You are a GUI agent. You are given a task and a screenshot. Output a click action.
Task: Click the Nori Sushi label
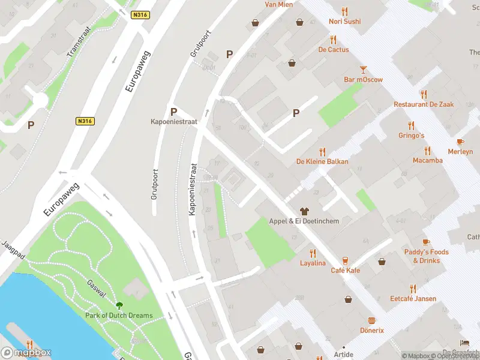point(344,22)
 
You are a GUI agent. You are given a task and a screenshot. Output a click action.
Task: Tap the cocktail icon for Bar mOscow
point(363,70)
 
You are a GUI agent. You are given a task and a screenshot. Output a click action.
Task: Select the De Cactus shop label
point(334,50)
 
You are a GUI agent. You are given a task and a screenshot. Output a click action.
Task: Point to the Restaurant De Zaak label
point(424,104)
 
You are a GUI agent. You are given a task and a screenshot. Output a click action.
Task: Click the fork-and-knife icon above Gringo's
point(412,125)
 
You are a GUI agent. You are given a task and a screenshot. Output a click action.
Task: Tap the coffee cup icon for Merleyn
point(460,142)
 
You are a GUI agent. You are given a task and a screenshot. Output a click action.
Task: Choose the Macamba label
point(427,160)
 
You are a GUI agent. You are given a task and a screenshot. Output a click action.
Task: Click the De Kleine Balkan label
point(322,161)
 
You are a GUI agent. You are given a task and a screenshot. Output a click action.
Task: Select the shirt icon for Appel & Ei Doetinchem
point(304,211)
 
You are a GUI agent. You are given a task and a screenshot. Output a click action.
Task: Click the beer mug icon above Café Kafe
point(346,260)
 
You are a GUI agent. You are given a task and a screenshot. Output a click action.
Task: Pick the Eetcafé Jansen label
point(413,298)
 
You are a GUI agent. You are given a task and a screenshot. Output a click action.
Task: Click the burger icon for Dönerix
point(371,320)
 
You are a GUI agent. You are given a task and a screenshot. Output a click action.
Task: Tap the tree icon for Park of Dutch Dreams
point(119,305)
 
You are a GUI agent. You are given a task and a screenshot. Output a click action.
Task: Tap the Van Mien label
point(279,5)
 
